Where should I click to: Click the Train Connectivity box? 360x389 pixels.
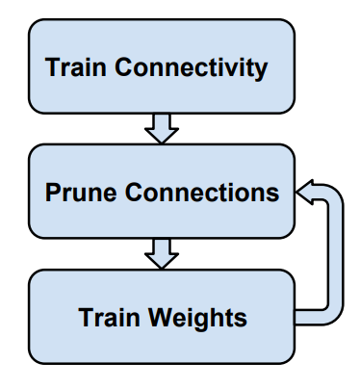click(162, 66)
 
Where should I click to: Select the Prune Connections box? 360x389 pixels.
click(162, 192)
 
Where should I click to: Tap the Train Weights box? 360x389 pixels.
click(162, 317)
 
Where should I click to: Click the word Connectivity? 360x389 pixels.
click(191, 68)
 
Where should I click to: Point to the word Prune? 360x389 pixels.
click(81, 193)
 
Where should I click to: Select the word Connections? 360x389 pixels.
click(202, 193)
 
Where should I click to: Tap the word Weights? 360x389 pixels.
click(197, 318)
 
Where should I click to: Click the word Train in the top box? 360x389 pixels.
click(75, 67)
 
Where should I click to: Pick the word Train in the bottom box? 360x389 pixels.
click(109, 318)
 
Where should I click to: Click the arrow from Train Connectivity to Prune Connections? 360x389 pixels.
click(162, 129)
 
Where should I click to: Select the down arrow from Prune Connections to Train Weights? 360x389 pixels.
click(162, 254)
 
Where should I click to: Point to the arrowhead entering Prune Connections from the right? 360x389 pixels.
click(305, 192)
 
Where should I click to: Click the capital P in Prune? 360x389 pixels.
click(53, 193)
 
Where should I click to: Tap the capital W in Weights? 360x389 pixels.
click(162, 318)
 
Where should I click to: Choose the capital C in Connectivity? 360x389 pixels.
click(124, 67)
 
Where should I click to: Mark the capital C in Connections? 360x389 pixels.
click(135, 193)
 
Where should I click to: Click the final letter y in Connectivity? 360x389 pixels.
click(260, 71)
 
